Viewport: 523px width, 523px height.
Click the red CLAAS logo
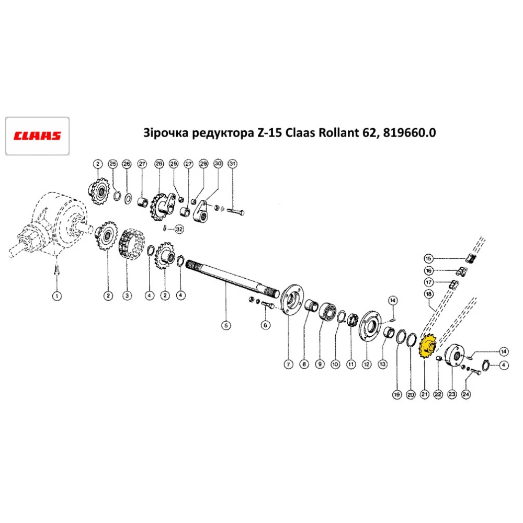[x=37, y=136]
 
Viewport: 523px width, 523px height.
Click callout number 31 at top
[x=233, y=164]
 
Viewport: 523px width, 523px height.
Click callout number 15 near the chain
[x=428, y=258]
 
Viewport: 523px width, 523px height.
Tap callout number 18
[x=428, y=294]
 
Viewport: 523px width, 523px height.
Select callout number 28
[x=158, y=164]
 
